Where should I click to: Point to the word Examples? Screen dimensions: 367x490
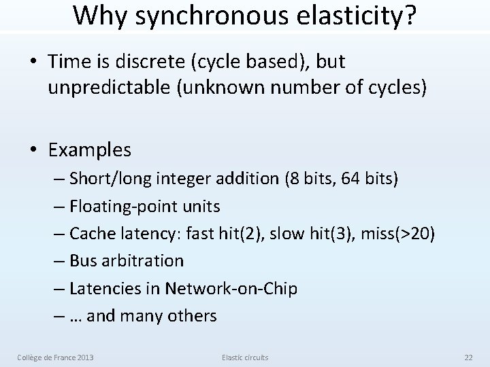[89, 148]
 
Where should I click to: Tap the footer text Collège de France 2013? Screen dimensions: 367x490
[56, 356]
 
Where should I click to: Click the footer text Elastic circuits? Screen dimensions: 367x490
[244, 356]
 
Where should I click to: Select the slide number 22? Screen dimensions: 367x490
[468, 356]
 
